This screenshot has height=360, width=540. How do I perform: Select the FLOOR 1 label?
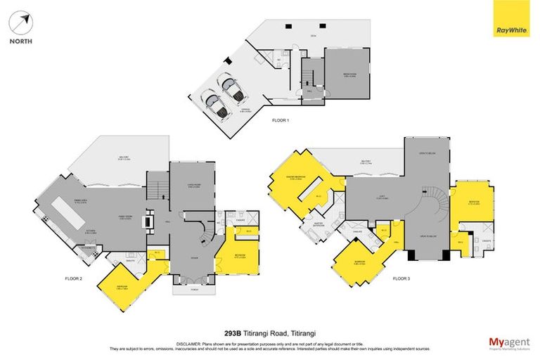coord(281,121)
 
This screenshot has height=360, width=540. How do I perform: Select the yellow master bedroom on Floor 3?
coord(290,186)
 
